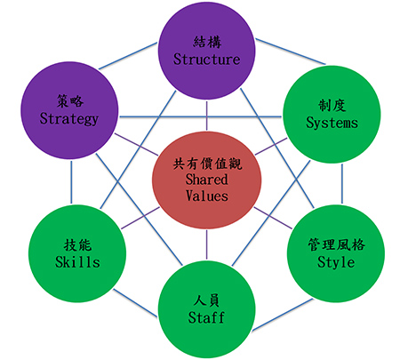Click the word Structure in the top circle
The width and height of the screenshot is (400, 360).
(206, 59)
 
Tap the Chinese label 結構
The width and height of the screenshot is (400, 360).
(207, 42)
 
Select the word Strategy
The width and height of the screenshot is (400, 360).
(69, 119)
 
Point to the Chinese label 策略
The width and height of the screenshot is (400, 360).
(70, 101)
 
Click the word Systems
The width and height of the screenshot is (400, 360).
(332, 123)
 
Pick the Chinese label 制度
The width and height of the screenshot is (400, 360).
(332, 106)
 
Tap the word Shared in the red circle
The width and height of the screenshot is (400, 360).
(207, 180)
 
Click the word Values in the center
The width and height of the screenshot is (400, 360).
(207, 196)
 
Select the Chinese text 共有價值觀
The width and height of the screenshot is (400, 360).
(207, 164)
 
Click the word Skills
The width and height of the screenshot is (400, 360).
(77, 262)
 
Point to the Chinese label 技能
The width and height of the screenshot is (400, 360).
(77, 245)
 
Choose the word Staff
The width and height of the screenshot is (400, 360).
(206, 317)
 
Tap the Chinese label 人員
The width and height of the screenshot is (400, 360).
(206, 300)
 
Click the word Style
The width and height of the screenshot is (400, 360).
(336, 262)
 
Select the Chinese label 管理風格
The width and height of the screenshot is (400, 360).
(336, 244)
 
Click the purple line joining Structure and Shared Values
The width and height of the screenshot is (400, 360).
(206, 116)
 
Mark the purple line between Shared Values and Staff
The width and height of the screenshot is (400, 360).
(206, 244)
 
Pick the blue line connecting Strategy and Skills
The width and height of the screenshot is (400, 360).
(71, 182)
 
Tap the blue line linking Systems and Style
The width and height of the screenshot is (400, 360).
(342, 184)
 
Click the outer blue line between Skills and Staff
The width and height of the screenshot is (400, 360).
(135, 303)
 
